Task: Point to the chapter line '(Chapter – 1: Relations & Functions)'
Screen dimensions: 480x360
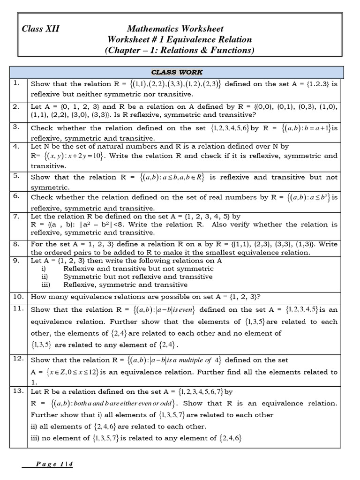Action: point(179,51)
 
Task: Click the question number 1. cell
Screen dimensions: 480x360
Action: point(17,83)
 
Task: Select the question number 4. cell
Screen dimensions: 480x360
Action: point(17,146)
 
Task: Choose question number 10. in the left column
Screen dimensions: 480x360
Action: point(18,296)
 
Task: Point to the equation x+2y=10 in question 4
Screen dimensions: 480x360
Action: point(73,156)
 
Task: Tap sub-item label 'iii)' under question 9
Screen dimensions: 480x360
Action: point(46,285)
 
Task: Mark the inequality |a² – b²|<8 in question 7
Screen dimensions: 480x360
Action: point(122,225)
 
